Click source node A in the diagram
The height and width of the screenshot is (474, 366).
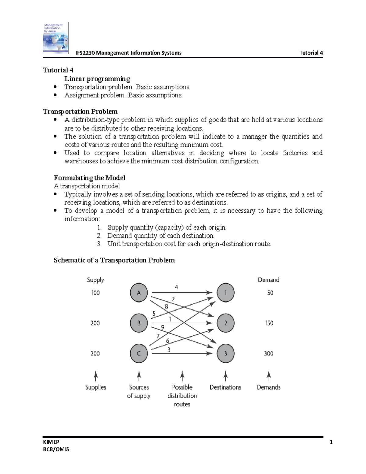[139, 293]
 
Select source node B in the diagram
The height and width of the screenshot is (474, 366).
[139, 323]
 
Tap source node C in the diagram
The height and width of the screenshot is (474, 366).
[139, 353]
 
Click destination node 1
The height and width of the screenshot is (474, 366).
[226, 293]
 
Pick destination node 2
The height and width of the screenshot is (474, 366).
[226, 323]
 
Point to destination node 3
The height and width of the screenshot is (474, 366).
[226, 353]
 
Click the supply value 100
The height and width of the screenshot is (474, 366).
[95, 293]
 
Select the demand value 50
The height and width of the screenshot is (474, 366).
[270, 293]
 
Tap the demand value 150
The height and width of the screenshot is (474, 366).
[269, 323]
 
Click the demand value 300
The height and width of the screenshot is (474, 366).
[268, 353]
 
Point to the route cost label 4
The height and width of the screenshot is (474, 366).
[176, 287]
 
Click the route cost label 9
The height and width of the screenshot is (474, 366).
[163, 327]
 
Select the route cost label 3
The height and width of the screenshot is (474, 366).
[169, 350]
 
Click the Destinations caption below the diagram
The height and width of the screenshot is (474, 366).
[225, 387]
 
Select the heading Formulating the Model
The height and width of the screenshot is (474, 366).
[89, 178]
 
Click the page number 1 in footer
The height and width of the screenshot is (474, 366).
[331, 442]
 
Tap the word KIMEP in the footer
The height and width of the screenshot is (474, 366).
[51, 442]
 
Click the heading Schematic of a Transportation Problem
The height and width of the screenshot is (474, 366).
[114, 260]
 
